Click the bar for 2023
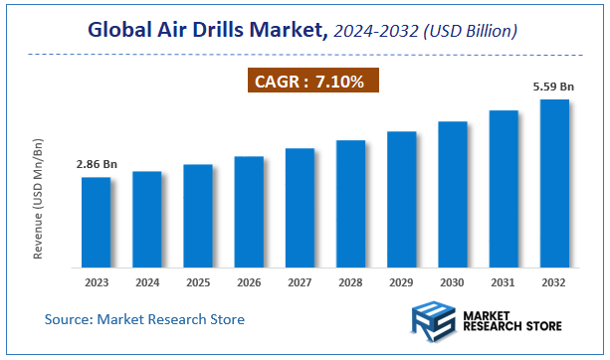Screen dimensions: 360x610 pyautogui.click(x=96, y=223)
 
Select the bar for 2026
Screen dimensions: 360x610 pyautogui.click(x=249, y=212)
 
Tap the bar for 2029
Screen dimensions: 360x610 pyautogui.click(x=402, y=199)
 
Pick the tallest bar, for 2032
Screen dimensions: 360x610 pyautogui.click(x=554, y=184)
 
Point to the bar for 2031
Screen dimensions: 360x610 pyautogui.click(x=504, y=189)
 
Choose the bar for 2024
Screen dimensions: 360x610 pyautogui.click(x=147, y=220)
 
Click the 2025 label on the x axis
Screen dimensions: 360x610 pyautogui.click(x=198, y=281)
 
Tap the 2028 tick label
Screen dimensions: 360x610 pyautogui.click(x=350, y=281)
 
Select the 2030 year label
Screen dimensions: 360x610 pyautogui.click(x=453, y=281)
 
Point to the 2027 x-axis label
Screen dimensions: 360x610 pyautogui.click(x=300, y=281)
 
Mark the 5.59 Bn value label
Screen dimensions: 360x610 pyautogui.click(x=552, y=88)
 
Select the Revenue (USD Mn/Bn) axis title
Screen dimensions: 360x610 pyautogui.click(x=38, y=199)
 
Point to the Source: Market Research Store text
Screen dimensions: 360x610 pyautogui.click(x=144, y=319)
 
